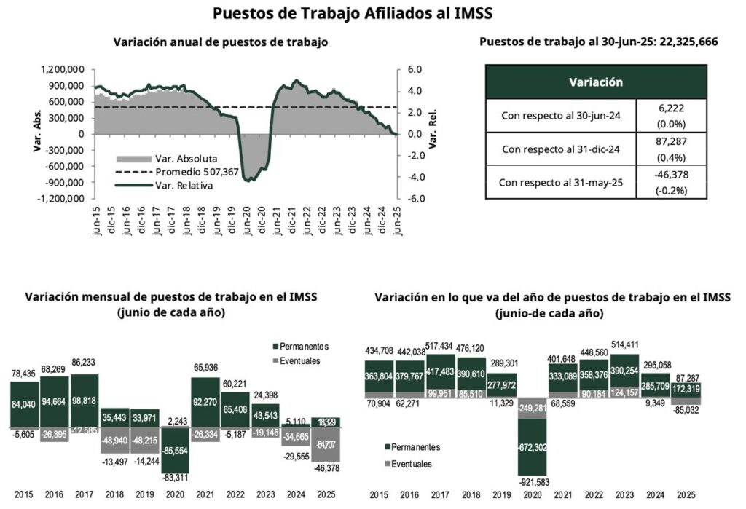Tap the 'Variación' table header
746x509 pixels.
coord(595,82)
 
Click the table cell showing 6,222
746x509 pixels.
coord(670,106)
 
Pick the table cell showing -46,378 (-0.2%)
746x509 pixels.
coord(670,183)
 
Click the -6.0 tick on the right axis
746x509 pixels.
coord(415,199)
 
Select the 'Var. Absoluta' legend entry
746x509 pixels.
coord(186,159)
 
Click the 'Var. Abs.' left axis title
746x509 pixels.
coord(36,133)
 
